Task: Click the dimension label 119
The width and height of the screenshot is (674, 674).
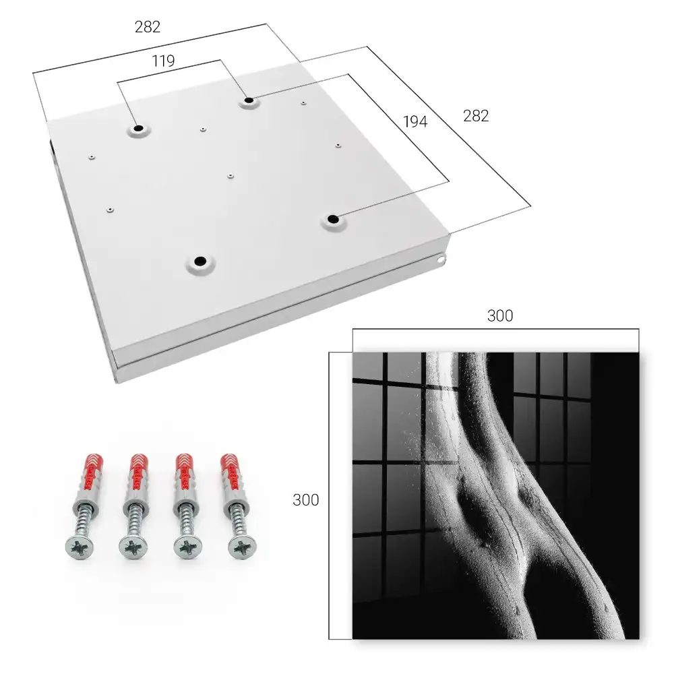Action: (x=163, y=61)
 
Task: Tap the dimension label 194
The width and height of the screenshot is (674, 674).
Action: (x=415, y=122)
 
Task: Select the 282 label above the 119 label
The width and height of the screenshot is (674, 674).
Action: (x=148, y=27)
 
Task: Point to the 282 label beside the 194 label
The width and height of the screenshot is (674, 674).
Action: (x=476, y=116)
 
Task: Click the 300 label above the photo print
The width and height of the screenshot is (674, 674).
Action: (x=500, y=316)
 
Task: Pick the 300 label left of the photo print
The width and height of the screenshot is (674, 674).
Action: (x=305, y=500)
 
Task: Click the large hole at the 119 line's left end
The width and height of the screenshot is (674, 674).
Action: (x=138, y=129)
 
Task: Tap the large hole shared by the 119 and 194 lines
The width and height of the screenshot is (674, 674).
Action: (x=249, y=101)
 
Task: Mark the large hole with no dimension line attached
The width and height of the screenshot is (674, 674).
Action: (x=200, y=261)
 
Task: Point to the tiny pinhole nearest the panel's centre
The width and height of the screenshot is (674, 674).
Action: (x=231, y=176)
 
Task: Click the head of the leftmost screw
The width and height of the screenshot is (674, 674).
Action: (x=80, y=547)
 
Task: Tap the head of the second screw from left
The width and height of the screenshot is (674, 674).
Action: (x=133, y=547)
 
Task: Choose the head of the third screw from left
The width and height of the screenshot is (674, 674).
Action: (x=188, y=547)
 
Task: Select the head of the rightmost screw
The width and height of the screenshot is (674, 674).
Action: (x=242, y=547)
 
